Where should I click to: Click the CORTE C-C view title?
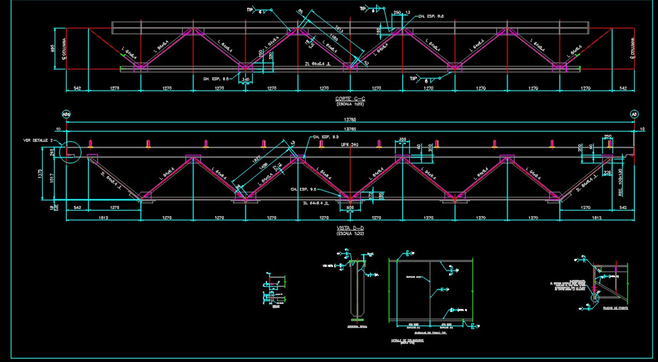[350, 99]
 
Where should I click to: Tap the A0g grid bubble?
[66, 114]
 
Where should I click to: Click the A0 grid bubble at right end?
[634, 114]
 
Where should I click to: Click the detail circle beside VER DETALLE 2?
[71, 152]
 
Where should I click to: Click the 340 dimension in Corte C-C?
[245, 80]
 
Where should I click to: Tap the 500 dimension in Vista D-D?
[350, 208]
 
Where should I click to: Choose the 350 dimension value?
[402, 139]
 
